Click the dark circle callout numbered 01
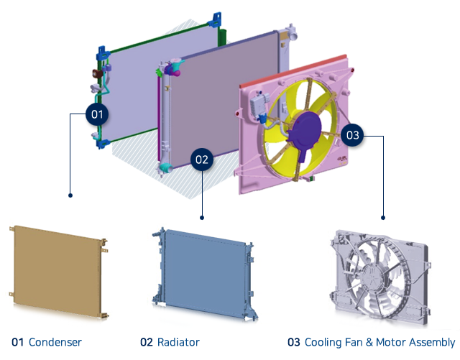[96, 114]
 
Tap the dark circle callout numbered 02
[202, 159]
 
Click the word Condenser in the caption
[55, 342]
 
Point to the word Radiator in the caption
[178, 342]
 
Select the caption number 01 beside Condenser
[18, 342]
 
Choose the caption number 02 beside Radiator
[147, 342]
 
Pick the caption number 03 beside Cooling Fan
[293, 342]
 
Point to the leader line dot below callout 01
[69, 195]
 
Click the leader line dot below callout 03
[383, 216]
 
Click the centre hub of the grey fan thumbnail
[374, 273]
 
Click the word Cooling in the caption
[321, 342]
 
